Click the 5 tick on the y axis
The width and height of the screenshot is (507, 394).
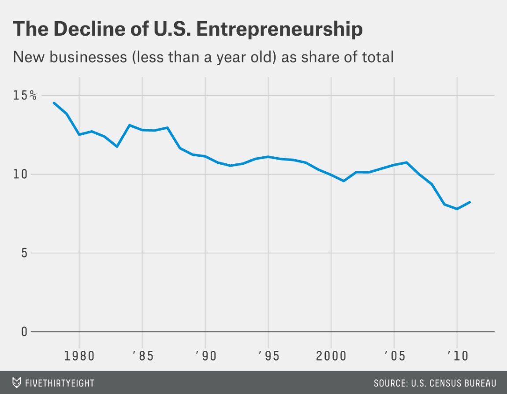(x=25, y=253)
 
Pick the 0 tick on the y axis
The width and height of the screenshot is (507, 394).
(x=25, y=331)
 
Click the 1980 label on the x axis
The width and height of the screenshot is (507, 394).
(x=79, y=356)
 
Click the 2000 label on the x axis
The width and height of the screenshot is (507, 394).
(x=331, y=356)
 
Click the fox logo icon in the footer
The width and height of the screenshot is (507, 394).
(x=17, y=382)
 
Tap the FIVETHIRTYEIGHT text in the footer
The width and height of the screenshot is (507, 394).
(x=59, y=383)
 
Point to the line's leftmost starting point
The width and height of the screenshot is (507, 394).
(x=54, y=103)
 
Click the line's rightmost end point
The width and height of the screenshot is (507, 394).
(x=470, y=202)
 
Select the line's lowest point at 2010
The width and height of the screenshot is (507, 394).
(x=457, y=209)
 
